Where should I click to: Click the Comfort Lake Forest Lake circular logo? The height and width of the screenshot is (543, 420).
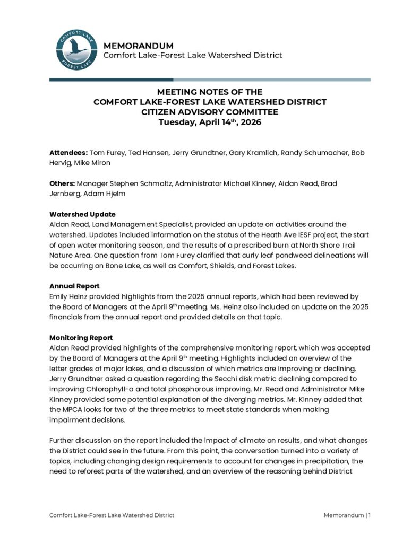tap(76, 50)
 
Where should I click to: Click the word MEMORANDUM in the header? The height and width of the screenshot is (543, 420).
tap(139, 46)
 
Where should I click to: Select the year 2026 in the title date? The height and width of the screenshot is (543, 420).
tap(249, 122)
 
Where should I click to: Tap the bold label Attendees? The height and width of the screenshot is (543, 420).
tap(68, 153)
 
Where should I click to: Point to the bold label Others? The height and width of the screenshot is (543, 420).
tap(62, 183)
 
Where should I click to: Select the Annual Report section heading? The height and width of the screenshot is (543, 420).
tap(74, 286)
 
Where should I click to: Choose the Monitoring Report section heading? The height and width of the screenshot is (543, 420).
tap(81, 337)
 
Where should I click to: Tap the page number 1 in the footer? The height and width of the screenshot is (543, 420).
tap(370, 515)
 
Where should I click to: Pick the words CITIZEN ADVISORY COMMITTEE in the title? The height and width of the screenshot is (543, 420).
tap(210, 112)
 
